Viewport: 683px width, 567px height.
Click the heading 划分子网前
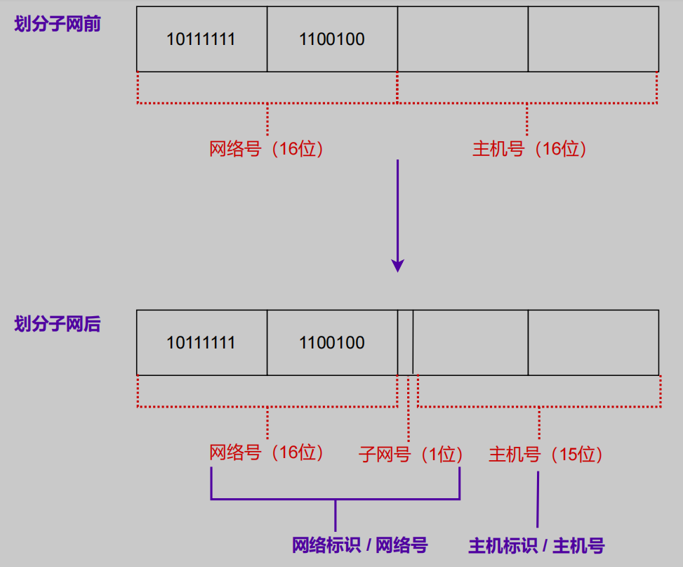tap(58, 25)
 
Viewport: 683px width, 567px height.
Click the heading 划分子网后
tap(58, 324)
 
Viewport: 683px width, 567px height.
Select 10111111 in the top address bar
tap(201, 39)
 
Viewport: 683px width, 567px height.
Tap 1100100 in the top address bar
tap(332, 39)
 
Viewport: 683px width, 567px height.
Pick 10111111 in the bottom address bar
tap(201, 343)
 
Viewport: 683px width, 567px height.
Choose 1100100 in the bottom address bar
tap(332, 343)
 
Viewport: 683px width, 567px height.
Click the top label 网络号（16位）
tap(267, 149)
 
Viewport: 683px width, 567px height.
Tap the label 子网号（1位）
tap(411, 455)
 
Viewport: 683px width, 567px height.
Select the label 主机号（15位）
tap(546, 455)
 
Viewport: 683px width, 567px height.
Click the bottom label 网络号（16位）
tap(267, 452)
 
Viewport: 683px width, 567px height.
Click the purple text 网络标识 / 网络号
tap(359, 545)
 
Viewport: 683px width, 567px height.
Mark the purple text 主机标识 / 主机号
tap(536, 545)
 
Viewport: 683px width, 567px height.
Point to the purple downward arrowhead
tap(398, 266)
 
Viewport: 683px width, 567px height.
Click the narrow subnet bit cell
tap(405, 343)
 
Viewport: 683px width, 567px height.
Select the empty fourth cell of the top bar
tap(593, 39)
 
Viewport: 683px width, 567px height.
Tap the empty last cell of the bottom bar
tap(593, 343)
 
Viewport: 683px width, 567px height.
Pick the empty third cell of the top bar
tap(463, 39)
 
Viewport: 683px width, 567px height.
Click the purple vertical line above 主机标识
tap(538, 499)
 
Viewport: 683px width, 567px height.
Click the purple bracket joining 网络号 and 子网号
tap(336, 500)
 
